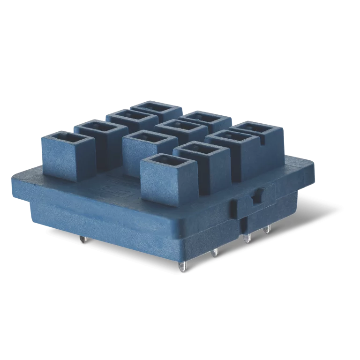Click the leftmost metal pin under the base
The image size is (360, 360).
click(83, 239)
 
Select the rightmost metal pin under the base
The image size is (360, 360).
click(267, 230)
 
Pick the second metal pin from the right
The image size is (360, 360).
click(247, 238)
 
